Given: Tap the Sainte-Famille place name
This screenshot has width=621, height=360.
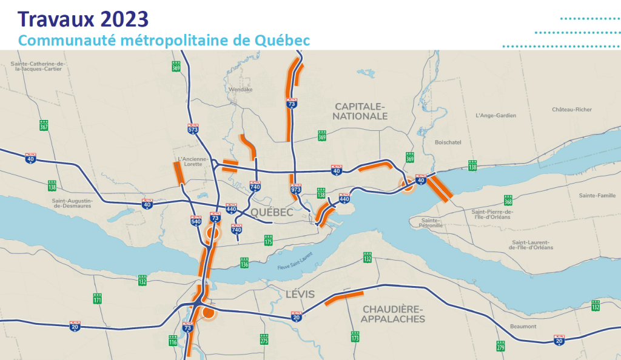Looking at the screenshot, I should point(598,195).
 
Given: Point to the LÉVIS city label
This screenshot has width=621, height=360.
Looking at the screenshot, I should point(300,295).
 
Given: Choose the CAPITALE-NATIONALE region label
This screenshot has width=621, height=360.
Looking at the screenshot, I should point(361,111).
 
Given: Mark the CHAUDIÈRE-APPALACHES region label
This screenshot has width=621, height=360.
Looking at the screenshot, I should point(394,314).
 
